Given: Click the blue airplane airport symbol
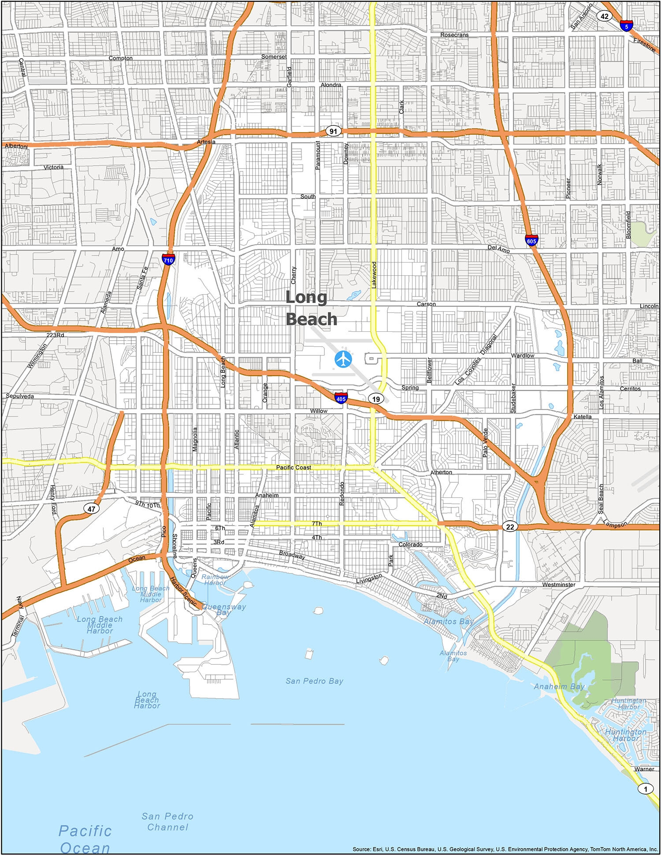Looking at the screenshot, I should tap(343, 359).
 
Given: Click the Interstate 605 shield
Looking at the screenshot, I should tap(531, 240).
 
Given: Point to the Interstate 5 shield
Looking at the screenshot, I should tap(626, 25).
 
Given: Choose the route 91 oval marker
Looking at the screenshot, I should tap(333, 131).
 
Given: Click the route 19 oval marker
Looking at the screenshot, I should tap(375, 399).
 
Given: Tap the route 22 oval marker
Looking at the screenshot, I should tap(510, 527).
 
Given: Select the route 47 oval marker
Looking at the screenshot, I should tap(91, 509).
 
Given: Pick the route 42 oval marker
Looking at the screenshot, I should tap(605, 16).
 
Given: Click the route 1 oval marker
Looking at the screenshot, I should tap(646, 788).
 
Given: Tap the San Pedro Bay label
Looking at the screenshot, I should tap(314, 681).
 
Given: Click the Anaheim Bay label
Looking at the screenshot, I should tap(559, 686).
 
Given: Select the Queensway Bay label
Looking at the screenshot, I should tap(224, 609).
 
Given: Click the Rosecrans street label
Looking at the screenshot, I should tap(454, 35).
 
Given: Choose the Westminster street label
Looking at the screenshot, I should tap(558, 585).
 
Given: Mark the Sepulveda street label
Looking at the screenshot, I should tap(20, 396).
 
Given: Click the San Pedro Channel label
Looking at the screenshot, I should tap(167, 822).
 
